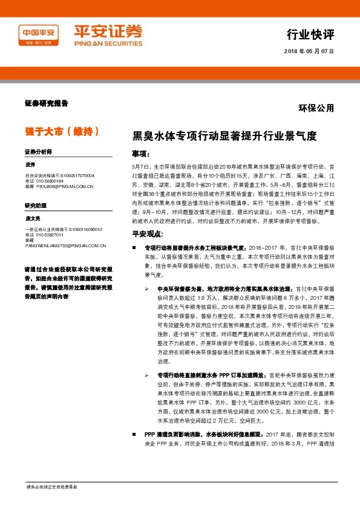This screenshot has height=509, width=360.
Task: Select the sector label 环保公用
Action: click(316, 108)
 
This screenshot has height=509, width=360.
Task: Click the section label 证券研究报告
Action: click(47, 103)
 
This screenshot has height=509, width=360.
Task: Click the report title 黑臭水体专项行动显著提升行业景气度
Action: click(224, 136)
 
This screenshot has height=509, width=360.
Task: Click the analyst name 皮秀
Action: click(30, 164)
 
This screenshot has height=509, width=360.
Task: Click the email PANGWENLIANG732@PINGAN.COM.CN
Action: click(65, 246)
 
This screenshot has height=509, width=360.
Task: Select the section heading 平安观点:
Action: click(148, 234)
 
